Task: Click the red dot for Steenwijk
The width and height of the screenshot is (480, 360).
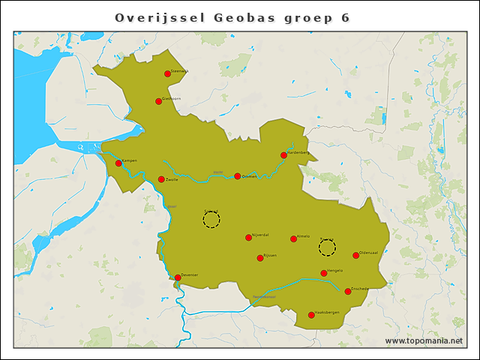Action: (x=167, y=73)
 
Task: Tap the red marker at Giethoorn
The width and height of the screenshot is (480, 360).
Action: (x=158, y=101)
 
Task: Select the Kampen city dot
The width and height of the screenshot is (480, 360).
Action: (x=118, y=163)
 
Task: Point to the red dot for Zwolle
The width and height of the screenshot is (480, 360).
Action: (x=161, y=179)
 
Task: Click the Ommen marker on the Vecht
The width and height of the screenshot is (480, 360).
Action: (x=238, y=176)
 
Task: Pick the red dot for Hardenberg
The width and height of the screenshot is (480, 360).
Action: (x=283, y=155)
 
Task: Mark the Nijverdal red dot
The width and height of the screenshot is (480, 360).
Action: (x=248, y=238)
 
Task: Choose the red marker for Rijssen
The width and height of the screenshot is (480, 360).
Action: (x=260, y=258)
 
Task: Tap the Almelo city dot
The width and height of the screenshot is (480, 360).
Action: (x=293, y=239)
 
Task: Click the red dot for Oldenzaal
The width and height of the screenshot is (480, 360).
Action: (x=355, y=255)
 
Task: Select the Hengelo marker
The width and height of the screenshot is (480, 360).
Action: (x=323, y=273)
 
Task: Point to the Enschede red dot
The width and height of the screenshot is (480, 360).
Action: (x=348, y=291)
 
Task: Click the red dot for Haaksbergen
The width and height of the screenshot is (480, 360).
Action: (x=311, y=315)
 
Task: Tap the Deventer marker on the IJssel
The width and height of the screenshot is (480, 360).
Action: (x=178, y=277)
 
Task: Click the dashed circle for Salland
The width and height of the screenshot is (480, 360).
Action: (x=211, y=220)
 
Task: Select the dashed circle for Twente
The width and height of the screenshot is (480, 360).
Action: (x=327, y=247)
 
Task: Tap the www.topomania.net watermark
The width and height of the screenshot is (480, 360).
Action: (x=424, y=340)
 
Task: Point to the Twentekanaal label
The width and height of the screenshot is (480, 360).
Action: (x=264, y=297)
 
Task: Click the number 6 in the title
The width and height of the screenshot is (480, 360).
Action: (x=345, y=17)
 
